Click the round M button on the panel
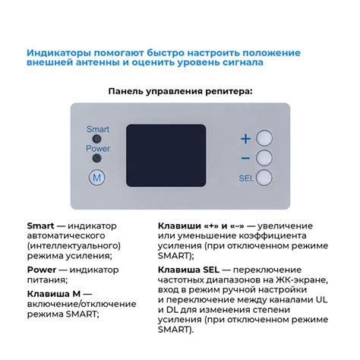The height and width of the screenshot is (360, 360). [x=97, y=178]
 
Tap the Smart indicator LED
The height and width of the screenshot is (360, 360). [x=96, y=139]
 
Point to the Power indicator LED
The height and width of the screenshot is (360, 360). [x=96, y=158]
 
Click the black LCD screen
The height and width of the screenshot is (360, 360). [x=166, y=156]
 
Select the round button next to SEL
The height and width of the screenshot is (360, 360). [x=264, y=178]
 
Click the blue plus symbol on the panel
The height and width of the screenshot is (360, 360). [x=245, y=139]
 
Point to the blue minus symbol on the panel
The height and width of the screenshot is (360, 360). [x=245, y=159]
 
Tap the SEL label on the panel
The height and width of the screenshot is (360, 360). [x=246, y=178]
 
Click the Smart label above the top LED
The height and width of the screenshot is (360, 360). [x=98, y=129]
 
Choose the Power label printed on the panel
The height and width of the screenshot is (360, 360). [x=98, y=148]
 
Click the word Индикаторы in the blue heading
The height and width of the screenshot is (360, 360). [x=58, y=53]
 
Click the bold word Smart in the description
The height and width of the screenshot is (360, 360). [x=40, y=226]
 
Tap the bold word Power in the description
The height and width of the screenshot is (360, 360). [x=42, y=270]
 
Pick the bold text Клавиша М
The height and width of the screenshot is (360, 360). [x=54, y=294]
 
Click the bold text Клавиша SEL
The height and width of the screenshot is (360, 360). [x=188, y=270]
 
